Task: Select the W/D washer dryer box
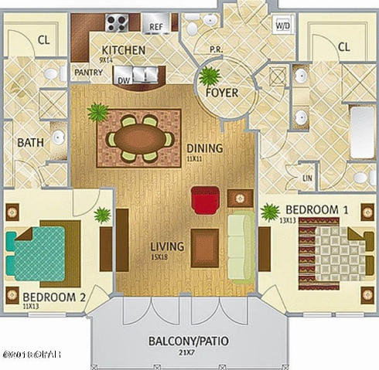coord(282,25)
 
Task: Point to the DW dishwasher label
coord(125,77)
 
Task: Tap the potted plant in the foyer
coord(209,76)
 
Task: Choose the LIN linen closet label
coord(307,178)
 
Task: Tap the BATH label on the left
coord(30,143)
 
